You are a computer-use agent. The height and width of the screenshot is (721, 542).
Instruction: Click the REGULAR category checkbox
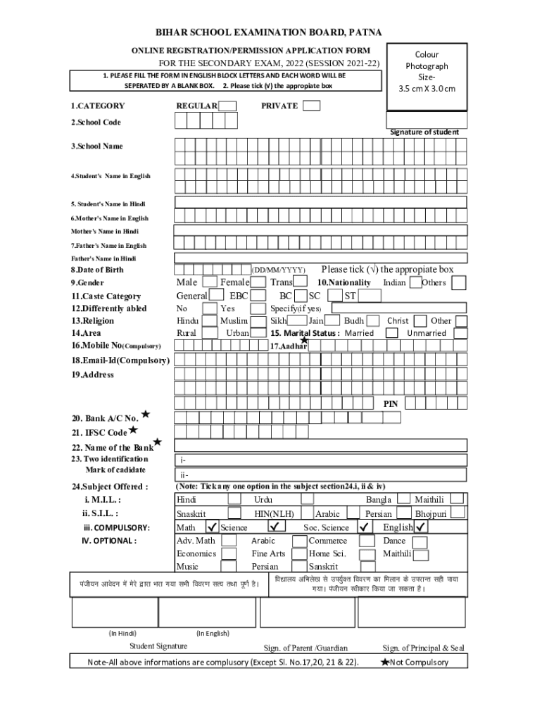(x=227, y=106)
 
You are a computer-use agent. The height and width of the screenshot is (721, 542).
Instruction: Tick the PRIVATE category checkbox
(x=312, y=106)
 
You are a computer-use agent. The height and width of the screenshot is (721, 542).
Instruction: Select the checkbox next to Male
(x=209, y=282)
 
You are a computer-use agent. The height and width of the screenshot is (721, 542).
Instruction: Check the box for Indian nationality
(x=416, y=282)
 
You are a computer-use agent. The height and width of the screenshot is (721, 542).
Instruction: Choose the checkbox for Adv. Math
(x=229, y=541)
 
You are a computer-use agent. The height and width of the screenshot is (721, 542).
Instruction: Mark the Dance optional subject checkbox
(x=420, y=541)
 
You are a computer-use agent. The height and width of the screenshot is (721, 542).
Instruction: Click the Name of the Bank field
(x=320, y=445)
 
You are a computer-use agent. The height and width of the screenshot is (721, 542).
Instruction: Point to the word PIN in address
(x=391, y=404)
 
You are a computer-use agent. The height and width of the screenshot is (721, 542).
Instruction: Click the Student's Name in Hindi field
(x=320, y=203)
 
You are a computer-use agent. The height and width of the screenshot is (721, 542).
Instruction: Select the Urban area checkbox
(x=258, y=333)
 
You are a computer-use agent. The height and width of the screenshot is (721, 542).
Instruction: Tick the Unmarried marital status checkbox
(x=458, y=333)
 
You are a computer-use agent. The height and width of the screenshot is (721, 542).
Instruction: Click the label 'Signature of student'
(x=424, y=132)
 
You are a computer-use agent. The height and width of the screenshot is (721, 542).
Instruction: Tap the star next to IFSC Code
(x=133, y=430)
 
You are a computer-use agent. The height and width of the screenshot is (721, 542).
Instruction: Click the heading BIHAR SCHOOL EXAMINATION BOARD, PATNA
(x=270, y=33)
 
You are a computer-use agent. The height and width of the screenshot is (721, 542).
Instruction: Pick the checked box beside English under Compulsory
(x=422, y=527)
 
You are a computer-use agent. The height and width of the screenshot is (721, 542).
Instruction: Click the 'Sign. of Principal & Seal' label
(x=423, y=648)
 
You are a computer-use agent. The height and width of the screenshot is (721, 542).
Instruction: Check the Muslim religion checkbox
(x=258, y=320)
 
